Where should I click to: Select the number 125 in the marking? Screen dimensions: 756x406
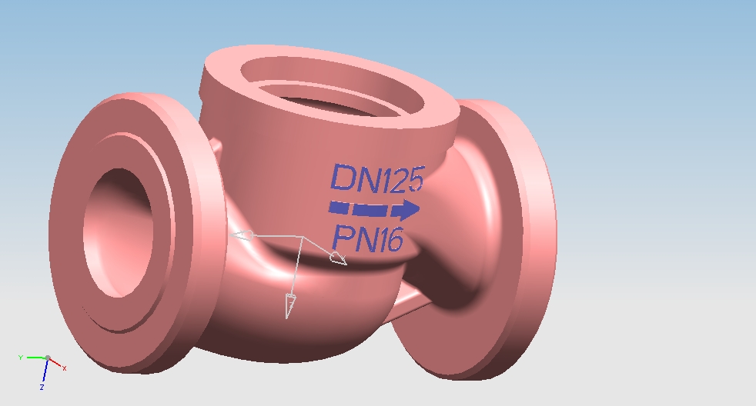point(400,179)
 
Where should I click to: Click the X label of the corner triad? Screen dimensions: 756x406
point(64,368)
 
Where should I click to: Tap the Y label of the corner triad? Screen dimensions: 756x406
point(20,358)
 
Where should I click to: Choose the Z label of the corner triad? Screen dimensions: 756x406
point(42,388)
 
